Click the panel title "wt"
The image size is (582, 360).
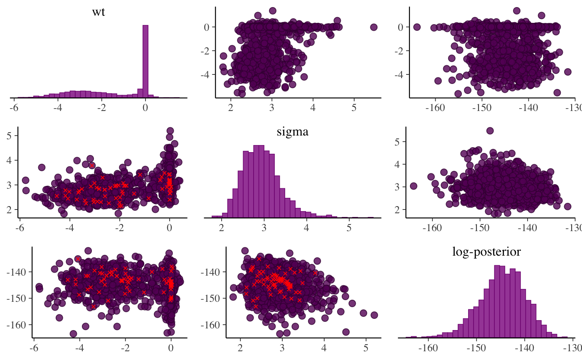(x=99, y=12)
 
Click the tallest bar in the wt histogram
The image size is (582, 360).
(x=145, y=61)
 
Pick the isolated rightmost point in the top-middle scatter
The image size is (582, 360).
(x=373, y=27)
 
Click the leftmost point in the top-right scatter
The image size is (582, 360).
(x=417, y=27)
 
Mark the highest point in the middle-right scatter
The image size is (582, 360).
(x=490, y=131)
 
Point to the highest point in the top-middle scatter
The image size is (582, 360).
(x=273, y=10)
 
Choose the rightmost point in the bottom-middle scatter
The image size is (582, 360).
(x=374, y=315)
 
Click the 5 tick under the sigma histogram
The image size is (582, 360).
(x=349, y=228)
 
